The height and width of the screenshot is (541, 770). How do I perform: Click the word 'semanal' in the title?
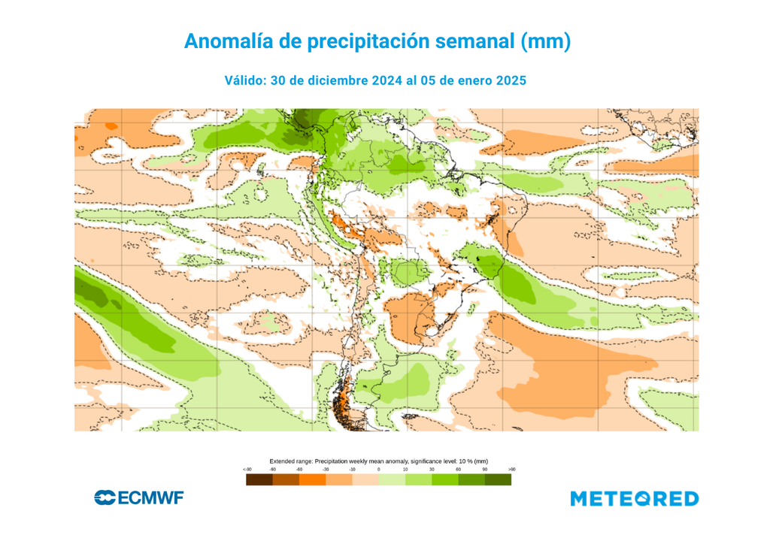475,41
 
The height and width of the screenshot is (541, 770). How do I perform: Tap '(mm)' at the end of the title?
546,41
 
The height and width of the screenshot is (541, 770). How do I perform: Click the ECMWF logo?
139,497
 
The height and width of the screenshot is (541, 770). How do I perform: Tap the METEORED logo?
634,498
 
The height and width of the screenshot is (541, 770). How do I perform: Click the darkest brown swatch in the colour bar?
259,479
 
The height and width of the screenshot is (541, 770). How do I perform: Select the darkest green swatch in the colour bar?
498,479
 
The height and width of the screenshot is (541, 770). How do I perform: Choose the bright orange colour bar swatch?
312,479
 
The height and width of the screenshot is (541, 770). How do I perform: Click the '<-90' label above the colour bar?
247,470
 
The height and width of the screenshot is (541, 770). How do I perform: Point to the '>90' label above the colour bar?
511,470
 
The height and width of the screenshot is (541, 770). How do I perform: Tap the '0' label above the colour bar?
378,470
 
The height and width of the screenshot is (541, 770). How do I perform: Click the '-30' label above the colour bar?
326,470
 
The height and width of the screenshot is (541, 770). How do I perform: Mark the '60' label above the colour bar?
458,470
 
